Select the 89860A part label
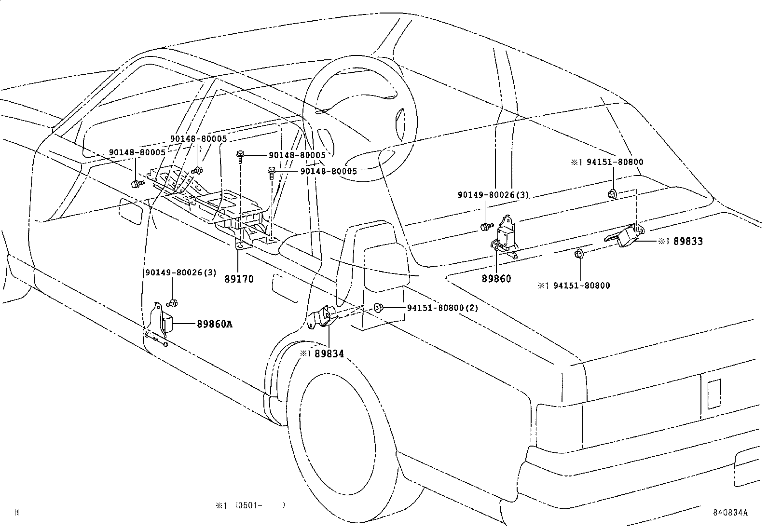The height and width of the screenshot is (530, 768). pyautogui.click(x=214, y=325)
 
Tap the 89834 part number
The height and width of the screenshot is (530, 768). pyautogui.click(x=329, y=353)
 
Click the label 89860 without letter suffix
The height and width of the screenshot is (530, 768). pyautogui.click(x=496, y=279)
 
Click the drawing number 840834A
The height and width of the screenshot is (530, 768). pyautogui.click(x=731, y=513)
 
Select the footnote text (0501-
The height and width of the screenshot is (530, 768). pyautogui.click(x=250, y=505)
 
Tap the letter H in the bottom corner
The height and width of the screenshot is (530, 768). pyautogui.click(x=16, y=513)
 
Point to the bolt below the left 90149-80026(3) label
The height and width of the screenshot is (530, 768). pyautogui.click(x=172, y=303)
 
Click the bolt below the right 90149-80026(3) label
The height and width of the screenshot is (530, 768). pyautogui.click(x=486, y=226)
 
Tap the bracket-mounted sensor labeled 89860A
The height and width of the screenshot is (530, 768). pyautogui.click(x=166, y=322)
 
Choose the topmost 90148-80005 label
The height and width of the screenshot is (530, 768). pyautogui.click(x=198, y=139)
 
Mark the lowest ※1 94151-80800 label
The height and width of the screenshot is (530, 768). pyautogui.click(x=574, y=285)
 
